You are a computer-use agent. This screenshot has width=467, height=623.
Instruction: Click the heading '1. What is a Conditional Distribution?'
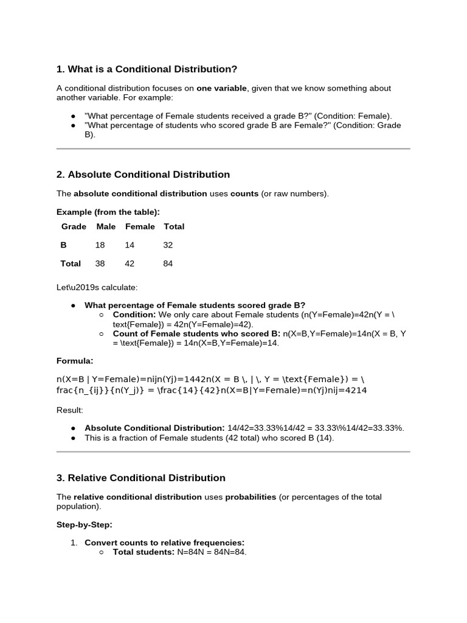(x=147, y=69)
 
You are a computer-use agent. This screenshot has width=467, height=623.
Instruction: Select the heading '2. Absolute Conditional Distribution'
(x=143, y=175)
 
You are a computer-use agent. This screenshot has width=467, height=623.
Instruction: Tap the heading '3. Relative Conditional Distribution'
(x=140, y=478)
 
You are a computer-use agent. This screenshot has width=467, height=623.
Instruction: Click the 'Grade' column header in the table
(x=73, y=226)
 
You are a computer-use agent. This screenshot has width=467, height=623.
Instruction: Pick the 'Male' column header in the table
(x=106, y=226)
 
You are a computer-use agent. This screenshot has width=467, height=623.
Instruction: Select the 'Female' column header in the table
(x=140, y=226)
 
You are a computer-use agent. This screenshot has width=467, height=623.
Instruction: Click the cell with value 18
(x=100, y=245)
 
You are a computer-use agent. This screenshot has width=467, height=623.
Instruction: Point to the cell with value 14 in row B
(x=130, y=245)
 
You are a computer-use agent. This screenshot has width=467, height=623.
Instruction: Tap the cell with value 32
(x=168, y=245)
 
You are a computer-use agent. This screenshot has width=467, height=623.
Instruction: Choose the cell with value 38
(x=100, y=263)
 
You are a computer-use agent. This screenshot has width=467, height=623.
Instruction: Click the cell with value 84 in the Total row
(x=168, y=263)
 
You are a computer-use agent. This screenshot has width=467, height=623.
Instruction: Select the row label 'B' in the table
(x=64, y=245)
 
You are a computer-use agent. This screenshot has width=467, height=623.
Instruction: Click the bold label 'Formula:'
(x=75, y=360)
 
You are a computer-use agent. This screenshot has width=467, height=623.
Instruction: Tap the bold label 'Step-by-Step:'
(x=85, y=524)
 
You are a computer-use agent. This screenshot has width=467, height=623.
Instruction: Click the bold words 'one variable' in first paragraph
(x=221, y=88)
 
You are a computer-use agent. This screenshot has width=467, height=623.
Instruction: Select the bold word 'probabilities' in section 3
(x=251, y=497)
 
